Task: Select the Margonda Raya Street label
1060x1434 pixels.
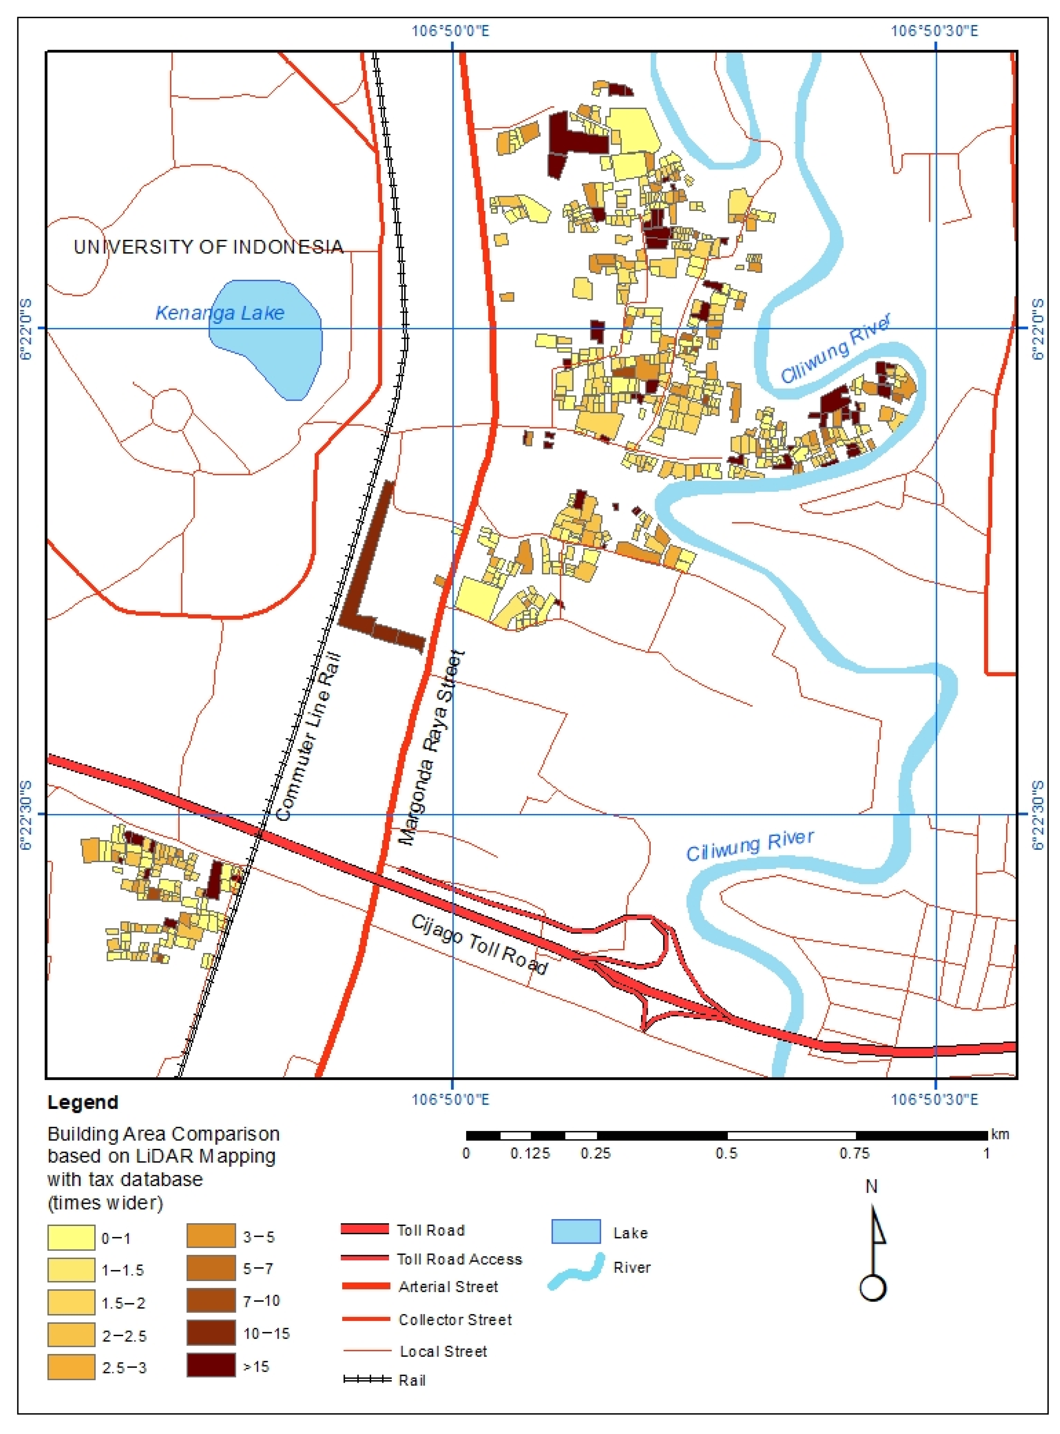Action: (431, 748)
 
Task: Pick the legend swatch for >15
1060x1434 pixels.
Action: (211, 1366)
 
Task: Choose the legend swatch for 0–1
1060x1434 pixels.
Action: (71, 1238)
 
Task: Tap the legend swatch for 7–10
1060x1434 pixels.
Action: (211, 1300)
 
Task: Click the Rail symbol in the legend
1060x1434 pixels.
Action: (367, 1379)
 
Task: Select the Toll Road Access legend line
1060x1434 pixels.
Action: (364, 1258)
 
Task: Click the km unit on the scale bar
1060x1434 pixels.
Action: (1000, 1134)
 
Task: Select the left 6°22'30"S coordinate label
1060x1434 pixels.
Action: (26, 814)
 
